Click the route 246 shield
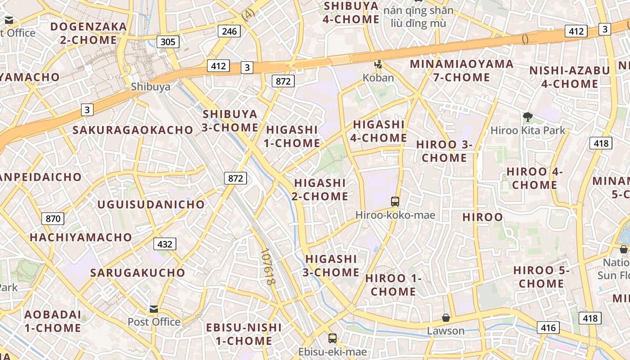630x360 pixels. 229,31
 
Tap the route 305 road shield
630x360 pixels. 168,42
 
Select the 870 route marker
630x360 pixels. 53,219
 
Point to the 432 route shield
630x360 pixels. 165,244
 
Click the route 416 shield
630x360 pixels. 548,328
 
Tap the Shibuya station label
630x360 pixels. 150,87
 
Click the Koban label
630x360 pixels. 378,78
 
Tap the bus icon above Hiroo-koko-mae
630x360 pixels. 395,202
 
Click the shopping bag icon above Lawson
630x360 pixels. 446,318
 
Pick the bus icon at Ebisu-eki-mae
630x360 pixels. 333,338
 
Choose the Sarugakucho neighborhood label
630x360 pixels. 138,273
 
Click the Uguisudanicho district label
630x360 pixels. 151,205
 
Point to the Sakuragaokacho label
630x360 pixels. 133,130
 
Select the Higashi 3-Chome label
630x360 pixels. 332,265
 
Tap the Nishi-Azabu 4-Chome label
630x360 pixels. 569,77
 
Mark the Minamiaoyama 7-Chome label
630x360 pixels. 461,71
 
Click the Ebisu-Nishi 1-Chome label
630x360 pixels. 244,334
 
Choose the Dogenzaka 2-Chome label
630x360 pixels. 89,33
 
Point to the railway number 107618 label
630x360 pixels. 267,267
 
